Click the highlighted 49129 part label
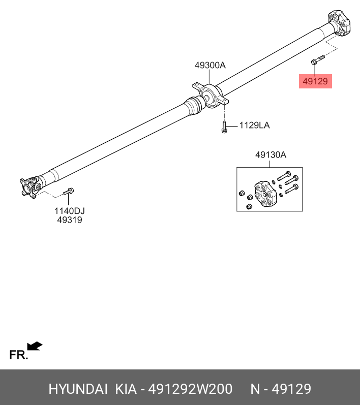pos(315,81)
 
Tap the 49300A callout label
pos(209,65)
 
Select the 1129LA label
pos(254,125)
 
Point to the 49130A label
pos(271,155)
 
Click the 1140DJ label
pos(70,210)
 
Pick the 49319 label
pos(70,220)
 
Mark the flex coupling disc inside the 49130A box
pos(265,194)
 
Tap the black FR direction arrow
pos(35,346)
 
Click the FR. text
pos(18,355)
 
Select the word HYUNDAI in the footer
pos(78,389)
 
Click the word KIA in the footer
pos(126,389)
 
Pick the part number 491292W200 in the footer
pos(190,389)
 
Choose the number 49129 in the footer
pos(291,389)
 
